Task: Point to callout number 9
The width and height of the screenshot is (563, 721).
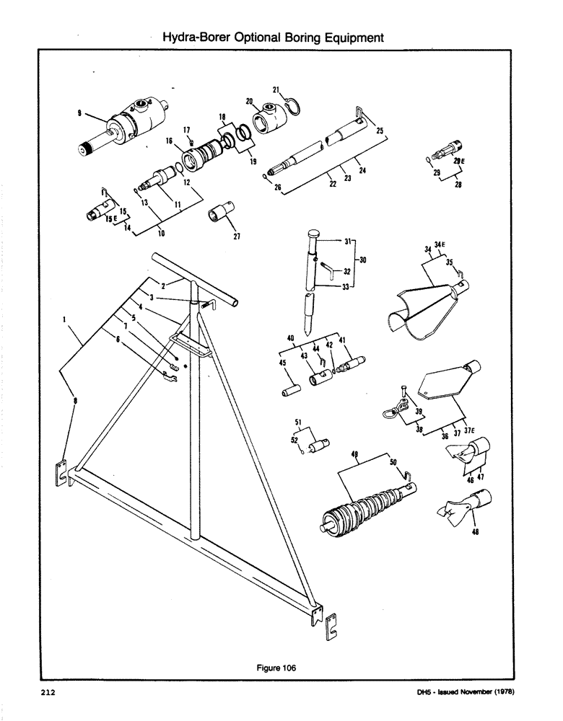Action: pos(79,112)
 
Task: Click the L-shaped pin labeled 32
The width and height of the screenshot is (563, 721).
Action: pos(327,270)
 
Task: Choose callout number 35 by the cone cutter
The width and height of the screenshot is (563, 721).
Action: pos(449,264)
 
